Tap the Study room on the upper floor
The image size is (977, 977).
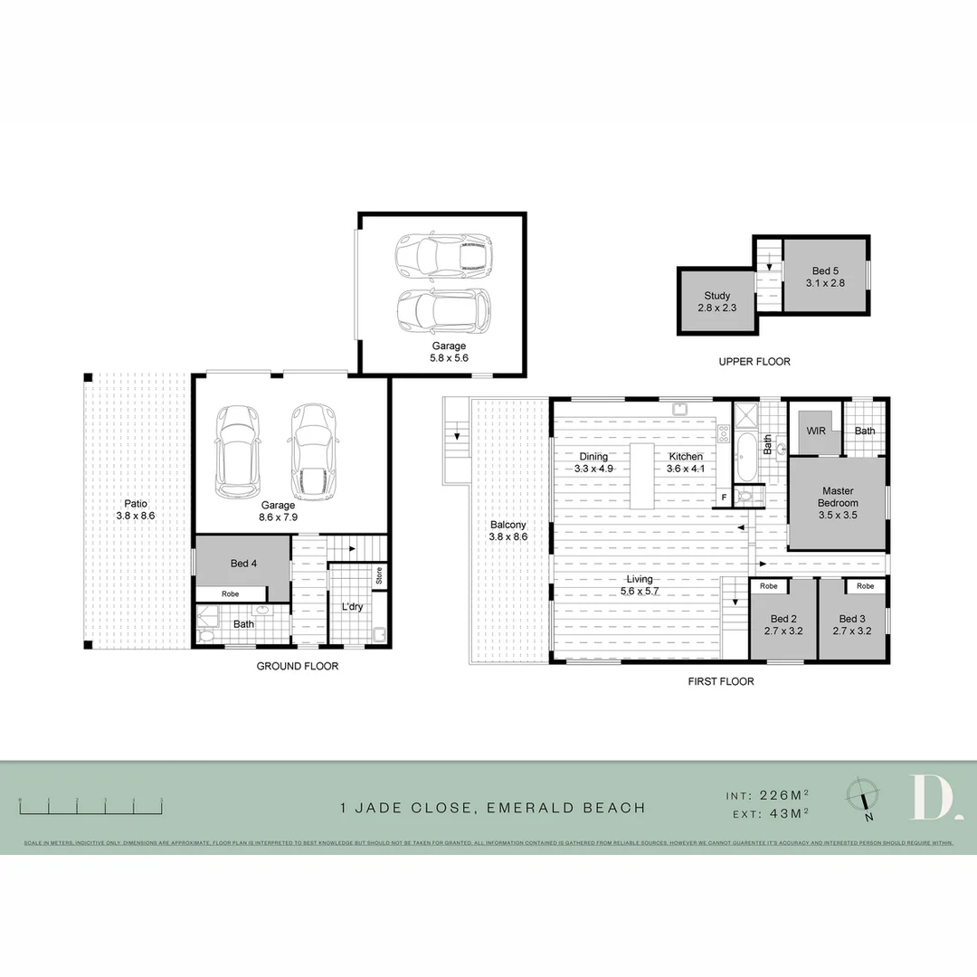point(716,302)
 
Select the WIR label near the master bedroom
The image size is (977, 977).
point(815,432)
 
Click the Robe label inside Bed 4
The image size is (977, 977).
point(230,594)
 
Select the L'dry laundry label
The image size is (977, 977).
point(352,606)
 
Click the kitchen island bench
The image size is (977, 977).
point(641,476)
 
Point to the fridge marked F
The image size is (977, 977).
point(724,498)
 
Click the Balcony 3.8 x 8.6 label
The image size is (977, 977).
point(507,530)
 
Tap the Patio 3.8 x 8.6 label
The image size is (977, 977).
point(137,509)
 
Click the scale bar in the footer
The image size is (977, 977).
point(90,804)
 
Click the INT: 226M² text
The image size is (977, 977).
point(767,796)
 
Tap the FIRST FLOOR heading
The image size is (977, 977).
point(722,681)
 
